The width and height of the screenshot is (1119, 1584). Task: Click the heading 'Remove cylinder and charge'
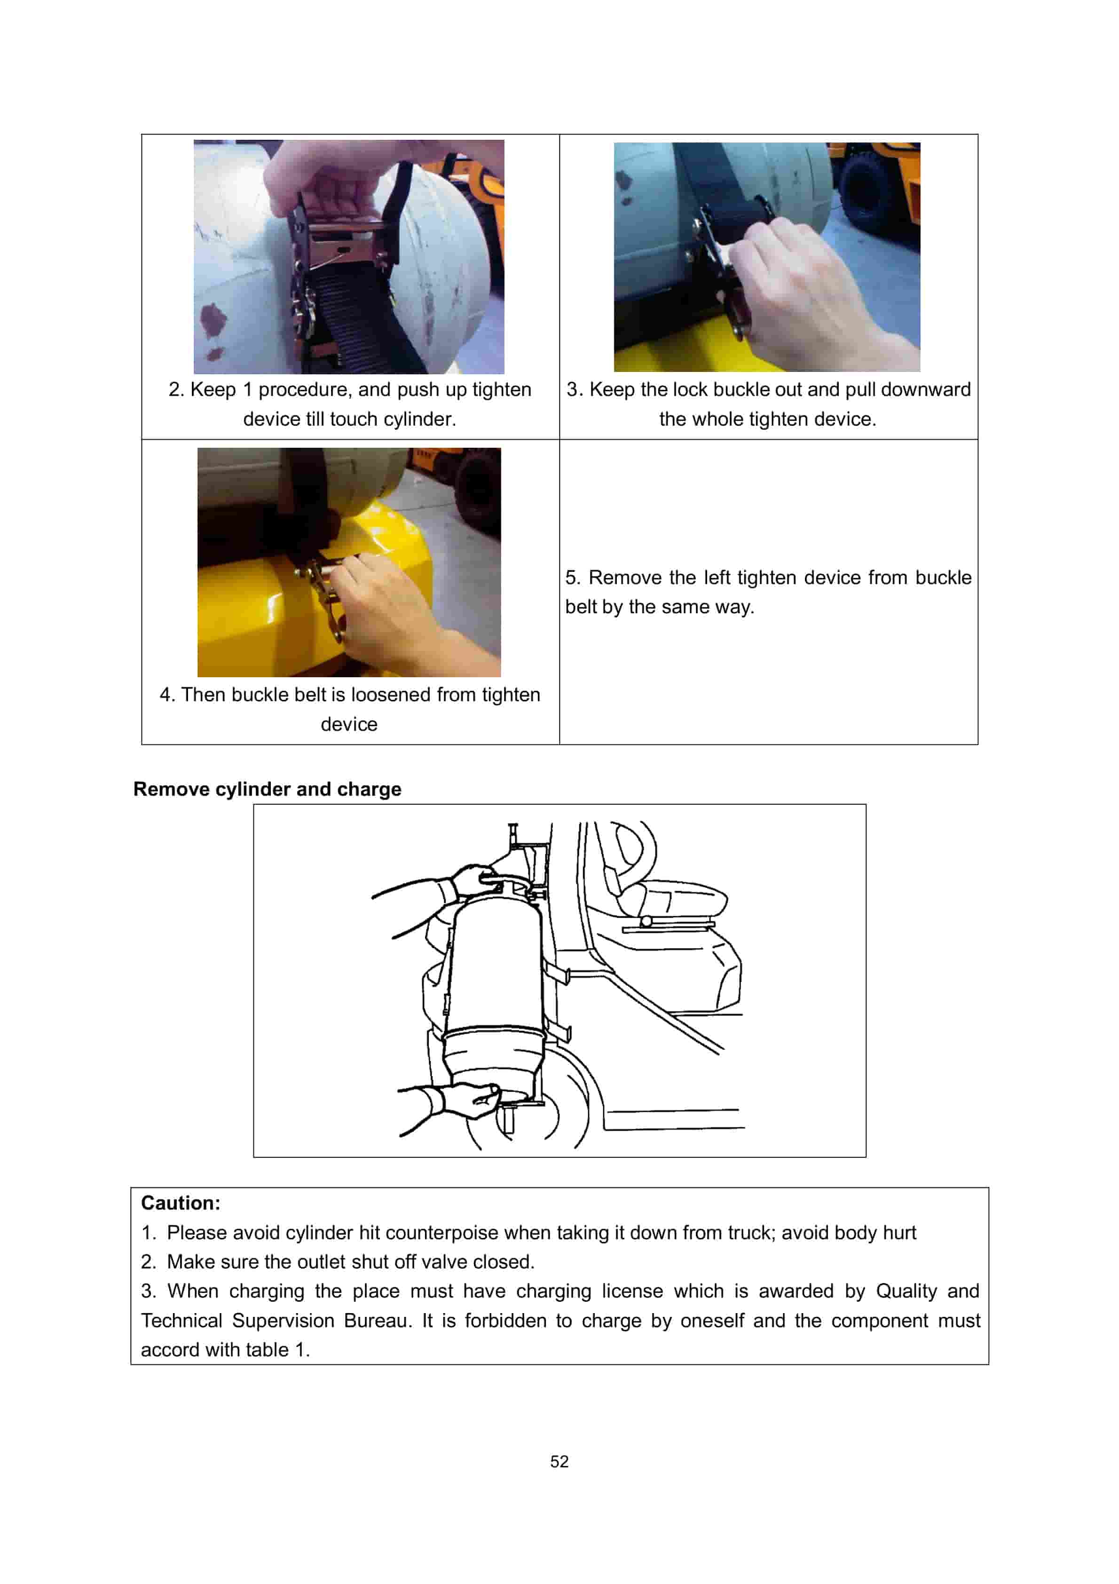(267, 789)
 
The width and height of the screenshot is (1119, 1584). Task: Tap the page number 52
(559, 1461)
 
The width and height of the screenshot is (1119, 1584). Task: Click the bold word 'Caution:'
(181, 1203)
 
